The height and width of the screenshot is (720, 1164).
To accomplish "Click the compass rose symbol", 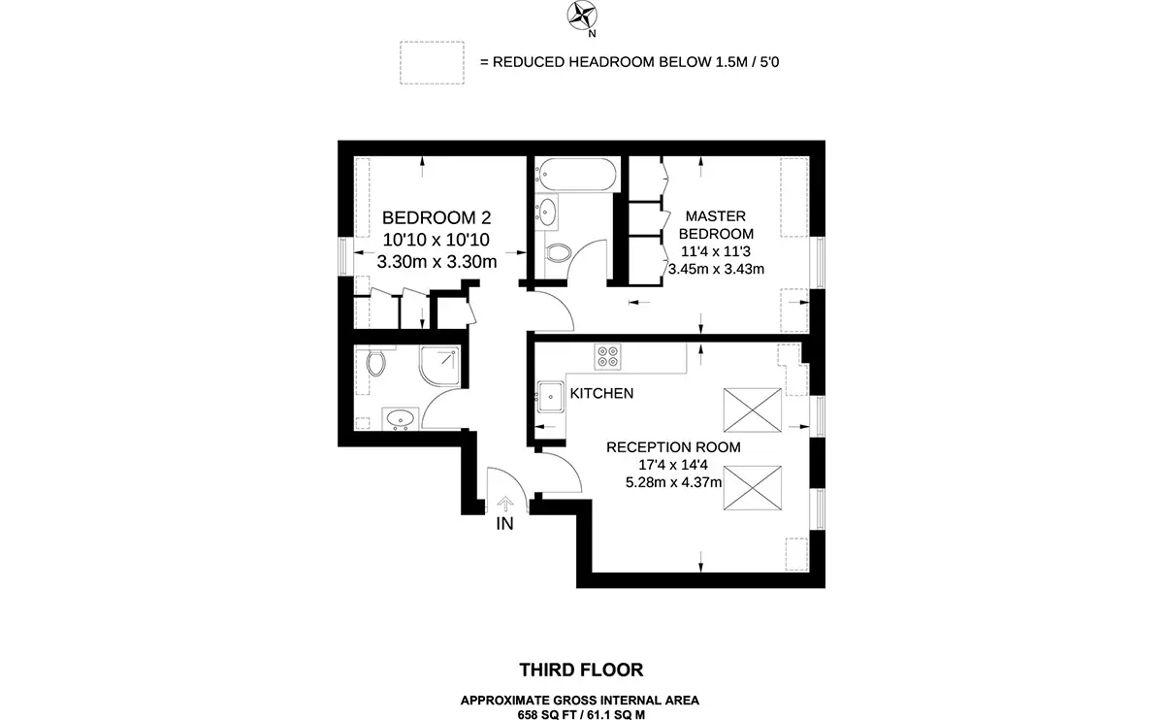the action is point(581,16).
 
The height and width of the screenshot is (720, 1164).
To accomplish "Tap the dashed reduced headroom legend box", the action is point(432,62).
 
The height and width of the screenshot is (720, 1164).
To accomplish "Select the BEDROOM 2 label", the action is point(436,217).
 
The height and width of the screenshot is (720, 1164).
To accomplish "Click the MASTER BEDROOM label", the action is point(716,224).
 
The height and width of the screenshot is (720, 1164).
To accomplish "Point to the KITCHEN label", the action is point(601,394).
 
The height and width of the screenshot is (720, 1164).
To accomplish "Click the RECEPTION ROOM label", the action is point(673,447).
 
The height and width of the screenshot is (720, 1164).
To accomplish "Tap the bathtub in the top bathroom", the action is point(577,174).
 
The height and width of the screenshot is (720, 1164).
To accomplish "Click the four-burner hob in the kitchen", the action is point(607,357).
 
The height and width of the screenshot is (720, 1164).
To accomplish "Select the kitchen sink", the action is point(550,397).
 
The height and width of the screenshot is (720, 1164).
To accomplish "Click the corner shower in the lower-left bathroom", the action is point(439,367).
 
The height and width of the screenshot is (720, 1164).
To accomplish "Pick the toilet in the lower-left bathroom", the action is point(375,362).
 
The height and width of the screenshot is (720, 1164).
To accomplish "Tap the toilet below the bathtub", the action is point(559,253).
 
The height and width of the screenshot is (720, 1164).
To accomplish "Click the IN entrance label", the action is point(504,524).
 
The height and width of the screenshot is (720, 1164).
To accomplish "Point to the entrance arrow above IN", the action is point(505,504).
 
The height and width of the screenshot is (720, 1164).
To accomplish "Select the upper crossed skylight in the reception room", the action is point(753,410).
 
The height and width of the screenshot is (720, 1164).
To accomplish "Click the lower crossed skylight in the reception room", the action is point(753,488).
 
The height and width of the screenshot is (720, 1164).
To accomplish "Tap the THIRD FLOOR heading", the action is point(581,671).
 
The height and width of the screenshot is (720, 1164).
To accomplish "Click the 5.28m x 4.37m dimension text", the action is point(673,482).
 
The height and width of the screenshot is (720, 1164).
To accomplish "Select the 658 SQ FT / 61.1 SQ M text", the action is point(581,715).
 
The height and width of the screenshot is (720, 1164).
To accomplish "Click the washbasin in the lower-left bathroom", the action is point(400,418).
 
